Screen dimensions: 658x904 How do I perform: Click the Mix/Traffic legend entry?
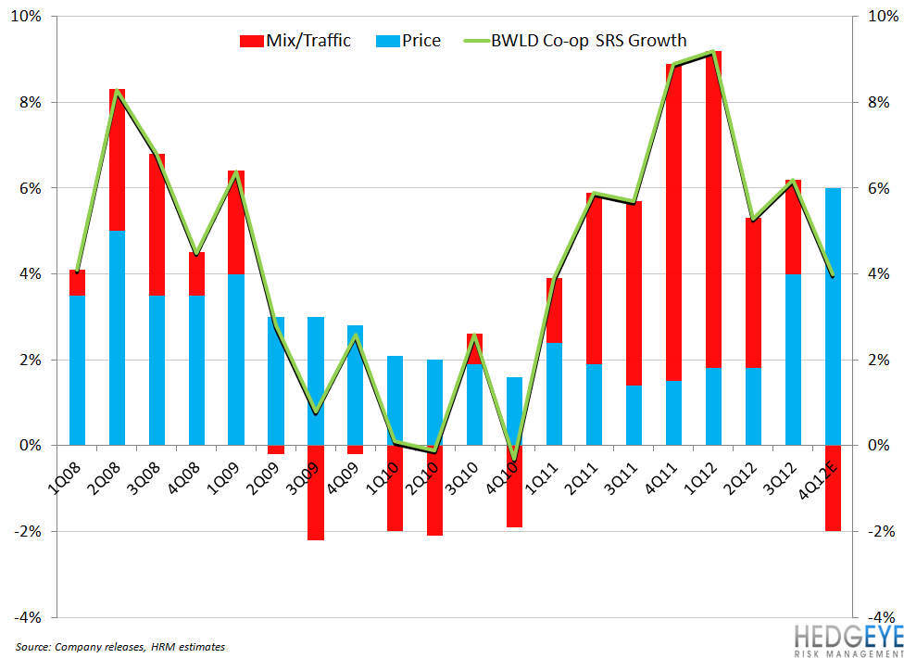click(295, 41)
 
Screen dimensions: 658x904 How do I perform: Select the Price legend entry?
click(408, 41)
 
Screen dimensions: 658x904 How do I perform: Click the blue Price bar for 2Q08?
click(118, 338)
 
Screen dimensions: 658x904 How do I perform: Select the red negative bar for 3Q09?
click(316, 492)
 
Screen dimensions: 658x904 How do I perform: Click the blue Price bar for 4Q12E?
click(834, 316)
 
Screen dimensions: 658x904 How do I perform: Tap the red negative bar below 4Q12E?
click(834, 487)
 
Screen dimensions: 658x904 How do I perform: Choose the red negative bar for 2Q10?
click(435, 490)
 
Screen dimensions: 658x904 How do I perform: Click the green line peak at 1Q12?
click(713, 52)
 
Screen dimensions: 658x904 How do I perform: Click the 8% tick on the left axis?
click(28, 103)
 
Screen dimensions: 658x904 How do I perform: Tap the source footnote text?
click(120, 646)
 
